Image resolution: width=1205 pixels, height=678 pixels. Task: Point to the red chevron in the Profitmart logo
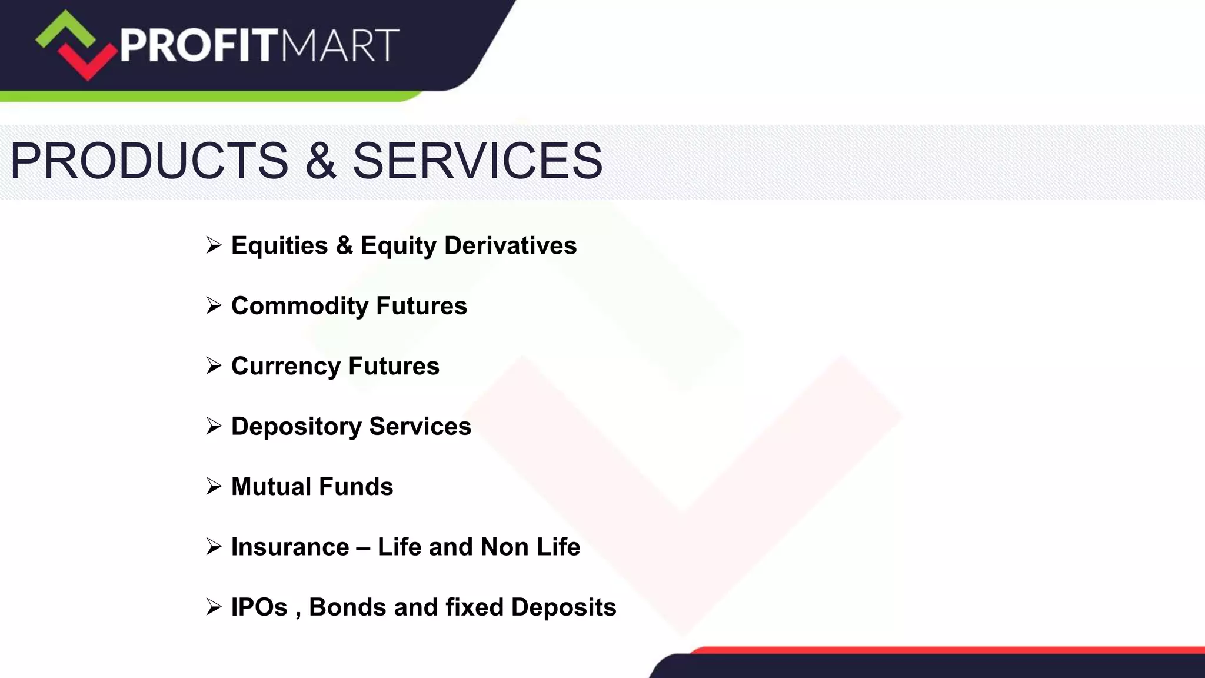[x=88, y=62]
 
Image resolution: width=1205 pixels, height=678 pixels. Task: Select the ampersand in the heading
[x=321, y=161]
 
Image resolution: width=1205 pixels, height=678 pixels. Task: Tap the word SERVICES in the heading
[x=477, y=161]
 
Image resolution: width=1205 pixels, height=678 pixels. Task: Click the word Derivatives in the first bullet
[x=510, y=245]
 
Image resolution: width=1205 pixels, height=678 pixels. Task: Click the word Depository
[x=296, y=427]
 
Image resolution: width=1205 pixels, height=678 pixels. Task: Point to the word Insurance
[x=290, y=547]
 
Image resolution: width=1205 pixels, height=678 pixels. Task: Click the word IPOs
[x=259, y=607]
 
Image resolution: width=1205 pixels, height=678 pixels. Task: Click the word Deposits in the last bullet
[x=563, y=607]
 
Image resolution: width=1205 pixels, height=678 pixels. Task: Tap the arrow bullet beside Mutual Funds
[x=214, y=486]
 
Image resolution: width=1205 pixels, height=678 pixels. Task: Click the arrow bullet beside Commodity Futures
[x=214, y=305]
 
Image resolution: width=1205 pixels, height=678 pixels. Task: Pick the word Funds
[x=355, y=487]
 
